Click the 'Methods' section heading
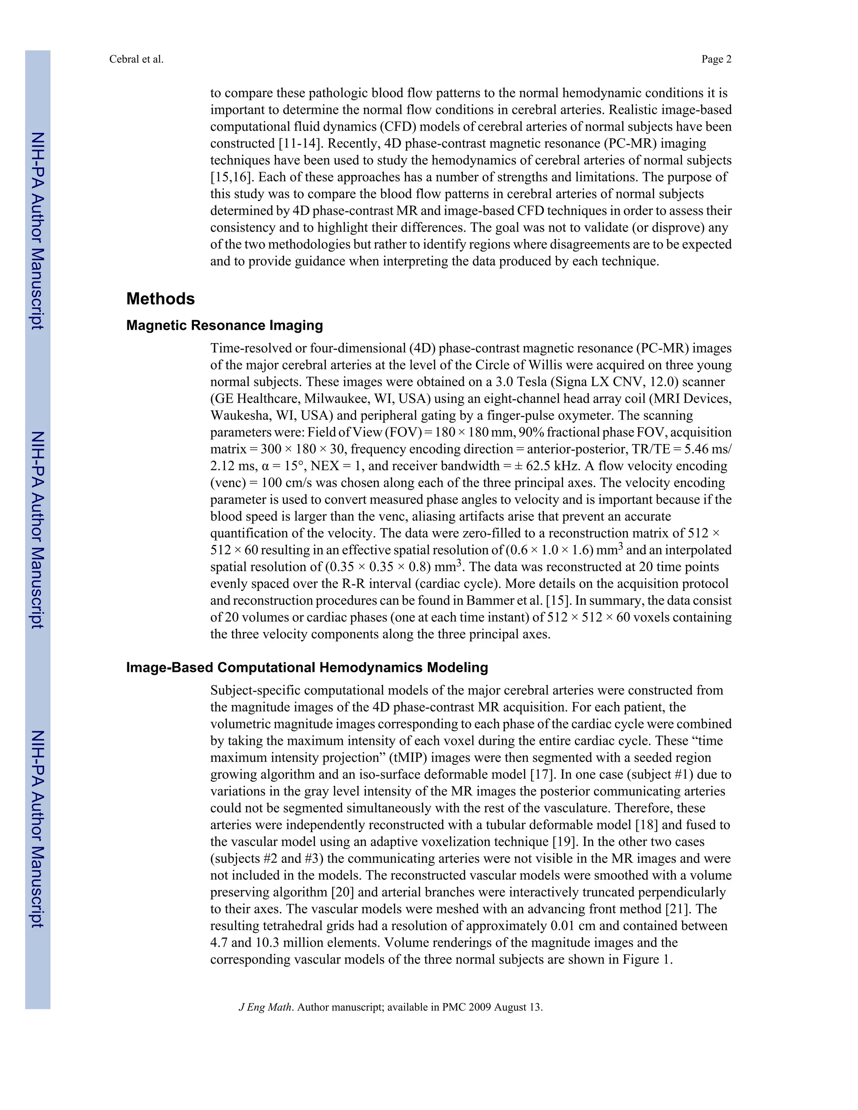pos(160,299)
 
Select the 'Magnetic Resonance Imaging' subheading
pos(224,325)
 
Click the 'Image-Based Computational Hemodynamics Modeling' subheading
pos(307,667)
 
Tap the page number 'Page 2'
pos(716,59)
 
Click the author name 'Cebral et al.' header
pos(136,59)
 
